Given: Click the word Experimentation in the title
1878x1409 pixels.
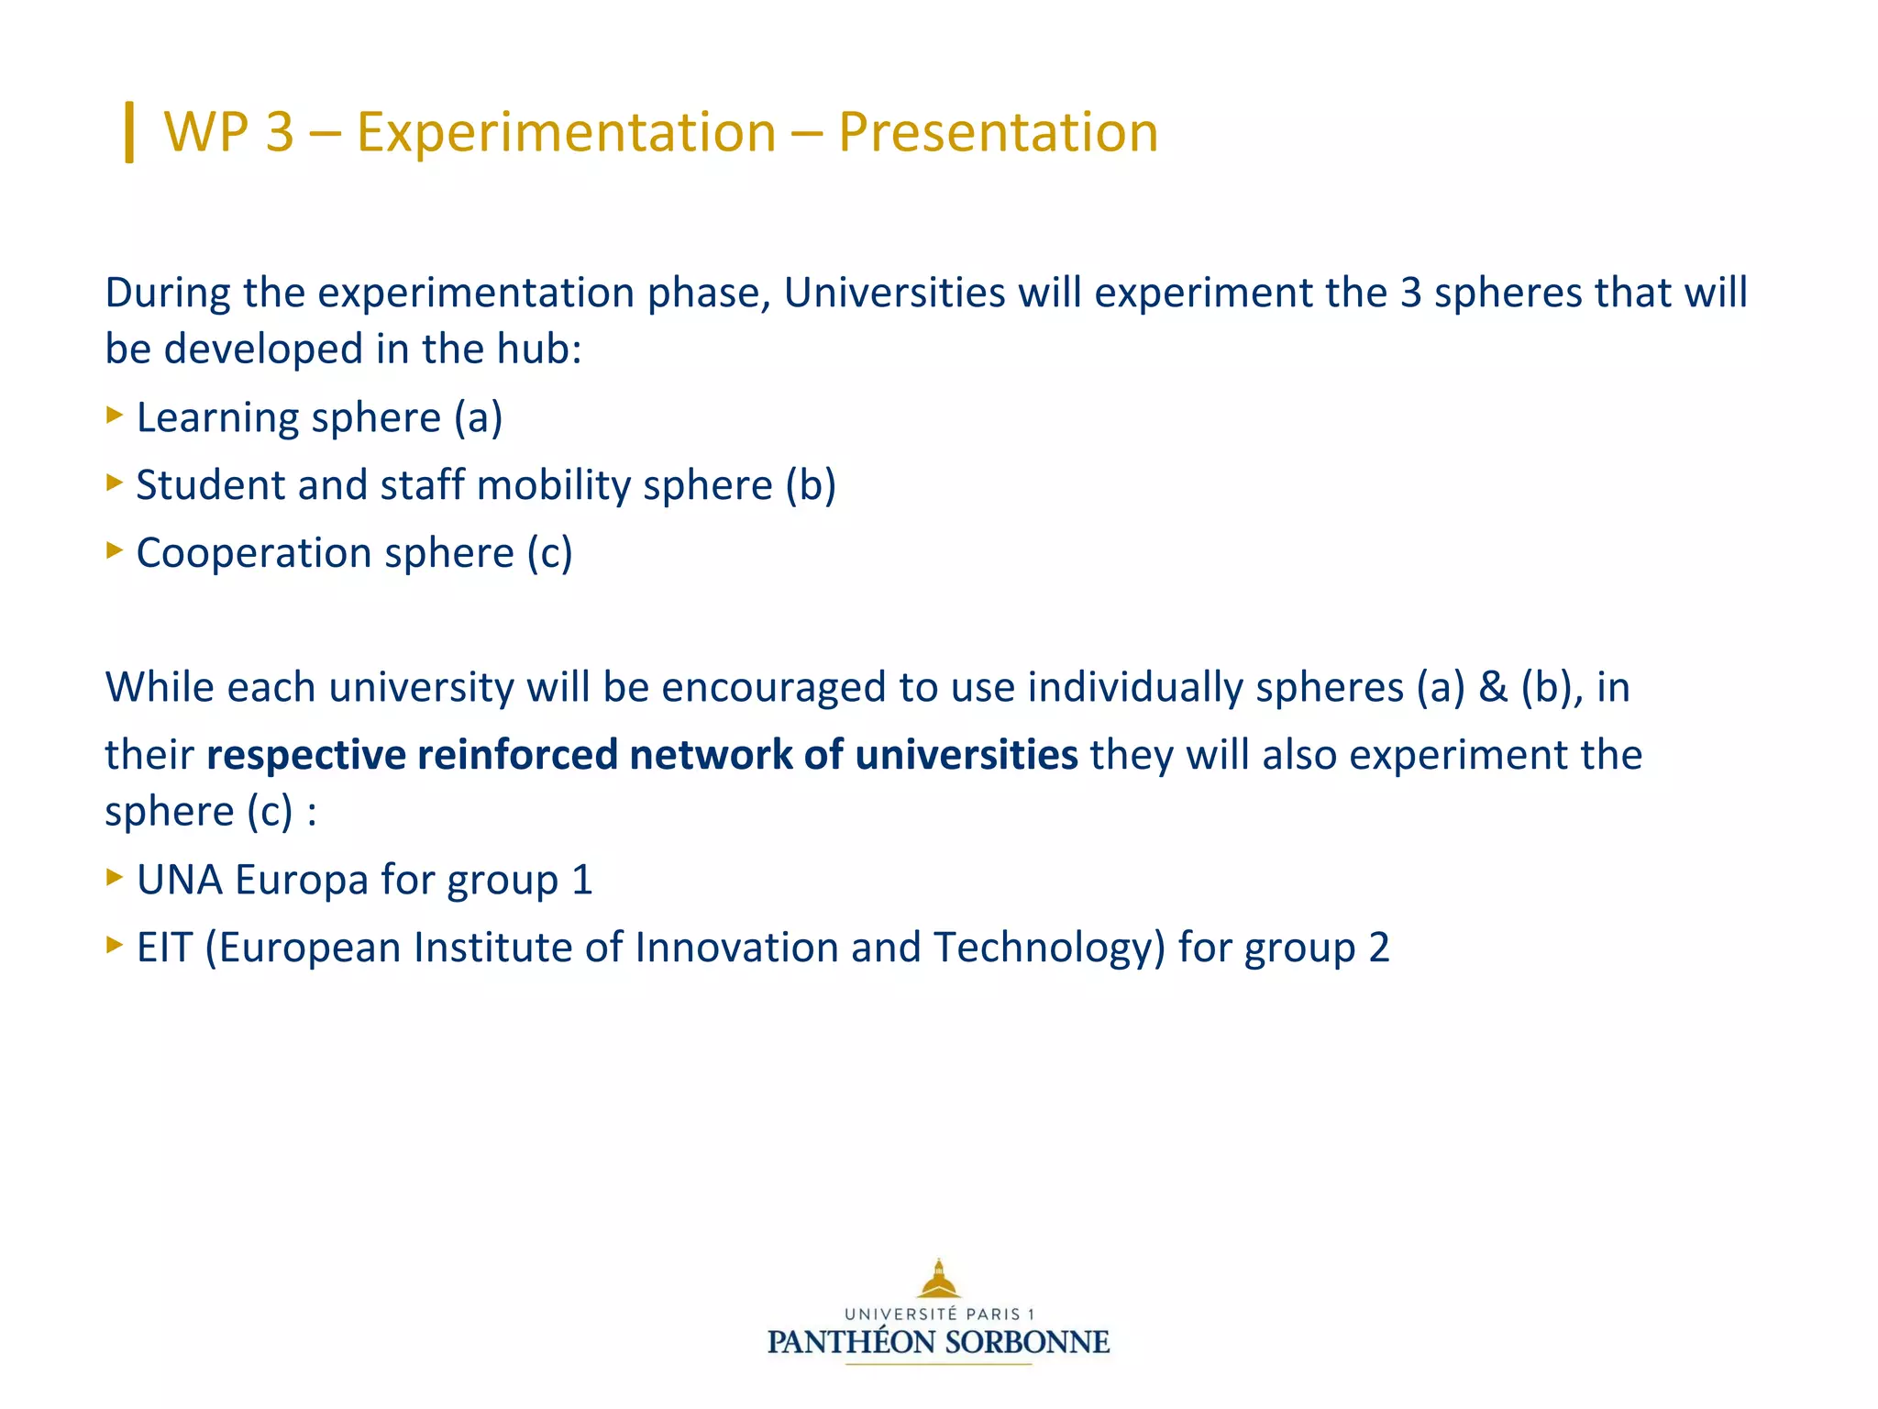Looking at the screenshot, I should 566,132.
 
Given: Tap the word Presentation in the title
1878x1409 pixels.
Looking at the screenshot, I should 998,132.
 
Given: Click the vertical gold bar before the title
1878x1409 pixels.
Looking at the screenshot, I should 129,132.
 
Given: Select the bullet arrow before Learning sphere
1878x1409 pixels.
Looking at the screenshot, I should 115,415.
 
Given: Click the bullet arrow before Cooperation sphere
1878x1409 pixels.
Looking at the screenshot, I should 115,549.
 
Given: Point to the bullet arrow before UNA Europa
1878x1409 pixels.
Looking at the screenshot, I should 115,876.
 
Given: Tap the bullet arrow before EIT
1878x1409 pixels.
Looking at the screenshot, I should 115,944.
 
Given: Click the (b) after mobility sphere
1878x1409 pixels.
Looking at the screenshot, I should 811,485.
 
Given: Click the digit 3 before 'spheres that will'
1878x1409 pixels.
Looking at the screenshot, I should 1410,293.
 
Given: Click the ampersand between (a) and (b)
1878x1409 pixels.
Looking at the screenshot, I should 1493,687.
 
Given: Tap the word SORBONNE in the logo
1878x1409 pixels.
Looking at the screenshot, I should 1027,1343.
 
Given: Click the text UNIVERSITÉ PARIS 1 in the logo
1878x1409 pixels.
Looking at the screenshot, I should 938,1315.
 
